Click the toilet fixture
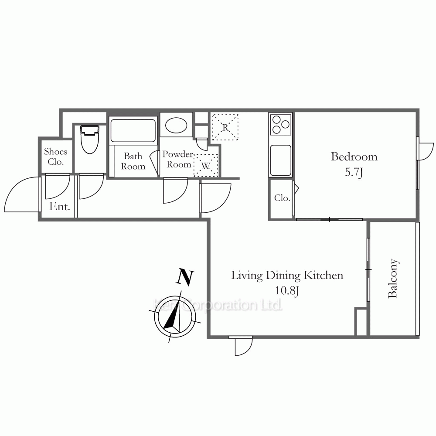tap(90, 140)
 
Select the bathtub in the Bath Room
tap(133, 130)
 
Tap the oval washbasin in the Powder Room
tap(176, 125)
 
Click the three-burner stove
tap(280, 124)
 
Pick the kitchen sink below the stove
tap(280, 160)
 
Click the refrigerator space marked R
tap(225, 127)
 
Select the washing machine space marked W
tap(205, 165)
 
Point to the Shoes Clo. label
tap(56, 157)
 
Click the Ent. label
tap(59, 207)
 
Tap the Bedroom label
tap(354, 157)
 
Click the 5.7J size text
tap(354, 172)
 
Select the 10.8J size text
tap(287, 291)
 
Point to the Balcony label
tap(393, 279)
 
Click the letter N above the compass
tap(185, 277)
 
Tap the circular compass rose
tap(175, 317)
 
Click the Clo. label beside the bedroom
tap(282, 198)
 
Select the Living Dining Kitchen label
tap(287, 275)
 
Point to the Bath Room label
tap(133, 161)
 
